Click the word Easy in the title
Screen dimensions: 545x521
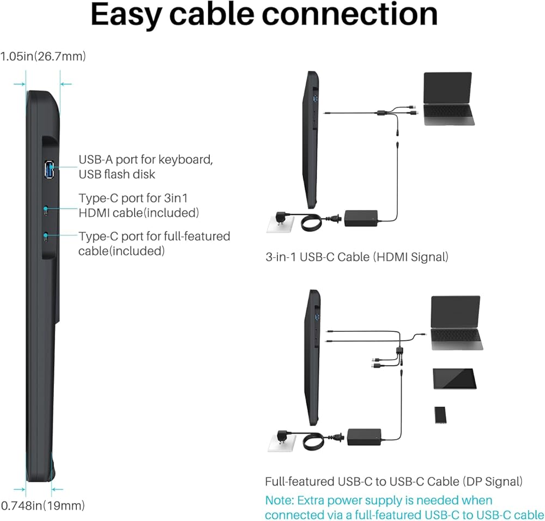click(x=126, y=15)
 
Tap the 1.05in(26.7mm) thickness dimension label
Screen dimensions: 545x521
click(x=43, y=56)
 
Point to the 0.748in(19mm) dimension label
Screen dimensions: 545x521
click(x=43, y=505)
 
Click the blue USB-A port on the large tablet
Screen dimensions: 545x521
click(x=49, y=169)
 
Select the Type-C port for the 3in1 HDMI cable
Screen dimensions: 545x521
click(x=46, y=210)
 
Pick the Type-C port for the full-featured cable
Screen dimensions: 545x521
click(x=46, y=238)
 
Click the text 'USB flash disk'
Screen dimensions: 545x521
click(x=117, y=174)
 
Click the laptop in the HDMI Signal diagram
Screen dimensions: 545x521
click(x=449, y=98)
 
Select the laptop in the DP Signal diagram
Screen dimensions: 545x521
click(x=456, y=323)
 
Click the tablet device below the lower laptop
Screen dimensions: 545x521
click(x=455, y=379)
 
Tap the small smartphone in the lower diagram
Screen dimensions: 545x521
click(x=440, y=415)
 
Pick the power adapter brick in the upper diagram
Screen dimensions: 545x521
click(x=361, y=219)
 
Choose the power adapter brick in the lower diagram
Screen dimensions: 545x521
click(x=364, y=437)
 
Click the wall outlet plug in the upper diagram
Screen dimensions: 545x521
click(x=281, y=221)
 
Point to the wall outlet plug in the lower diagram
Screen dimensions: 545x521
click(x=282, y=440)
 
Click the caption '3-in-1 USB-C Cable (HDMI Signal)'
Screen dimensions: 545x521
click(x=357, y=257)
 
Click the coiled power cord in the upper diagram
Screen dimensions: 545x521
click(x=312, y=222)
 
